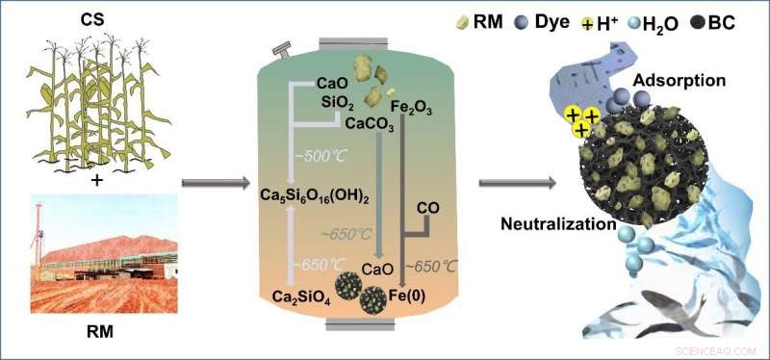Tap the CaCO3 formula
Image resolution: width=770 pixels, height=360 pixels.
click(361, 121)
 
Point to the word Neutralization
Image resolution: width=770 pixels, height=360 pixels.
click(557, 225)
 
